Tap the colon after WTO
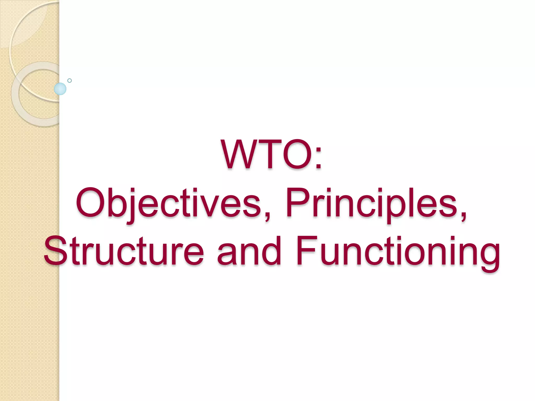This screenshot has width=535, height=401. click(x=318, y=158)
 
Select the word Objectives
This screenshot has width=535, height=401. click(x=168, y=203)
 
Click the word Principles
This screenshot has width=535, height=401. click(x=371, y=203)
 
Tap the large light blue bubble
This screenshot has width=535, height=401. click(x=60, y=89)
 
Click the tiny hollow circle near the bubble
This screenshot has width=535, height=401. click(x=69, y=80)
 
